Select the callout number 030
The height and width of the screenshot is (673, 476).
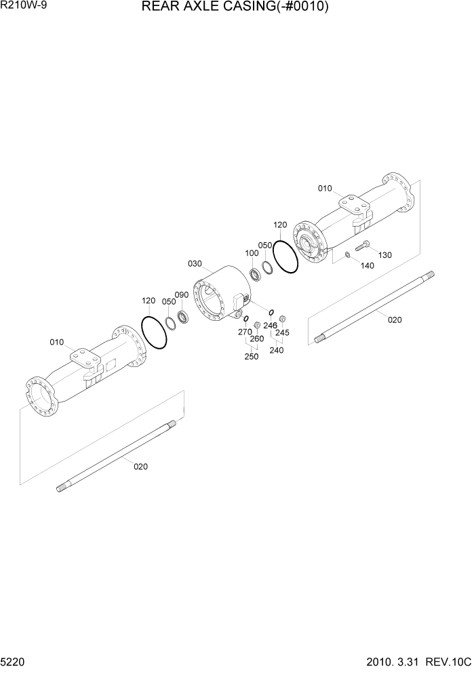pyautogui.click(x=195, y=264)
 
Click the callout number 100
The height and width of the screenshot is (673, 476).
pyautogui.click(x=252, y=253)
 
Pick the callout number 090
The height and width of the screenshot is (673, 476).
pyautogui.click(x=181, y=295)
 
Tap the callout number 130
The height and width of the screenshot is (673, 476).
pyautogui.click(x=385, y=255)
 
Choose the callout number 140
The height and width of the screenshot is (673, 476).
pyautogui.click(x=367, y=265)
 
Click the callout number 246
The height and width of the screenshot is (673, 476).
pyautogui.click(x=270, y=325)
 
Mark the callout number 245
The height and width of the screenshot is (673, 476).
pyautogui.click(x=282, y=332)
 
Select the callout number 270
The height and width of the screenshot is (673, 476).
pyautogui.click(x=244, y=332)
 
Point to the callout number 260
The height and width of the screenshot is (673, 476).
pyautogui.click(x=256, y=339)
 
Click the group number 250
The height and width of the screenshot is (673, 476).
pyautogui.click(x=251, y=356)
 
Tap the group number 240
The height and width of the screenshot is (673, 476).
pyautogui.click(x=276, y=350)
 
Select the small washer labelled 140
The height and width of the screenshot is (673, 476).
pyautogui.click(x=347, y=255)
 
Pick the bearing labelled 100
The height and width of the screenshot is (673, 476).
pyautogui.click(x=258, y=275)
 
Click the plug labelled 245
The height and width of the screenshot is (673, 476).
pyautogui.click(x=283, y=319)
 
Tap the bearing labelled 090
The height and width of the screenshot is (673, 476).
pyautogui.click(x=183, y=316)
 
